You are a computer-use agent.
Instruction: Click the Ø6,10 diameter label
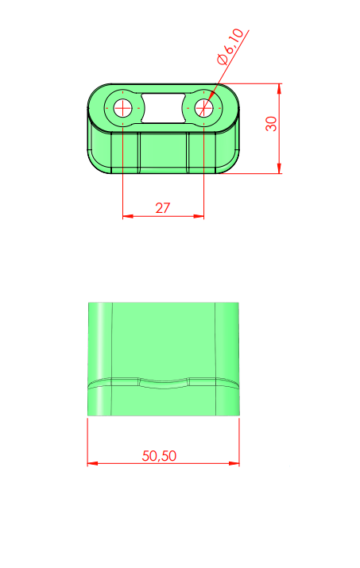(x=230, y=46)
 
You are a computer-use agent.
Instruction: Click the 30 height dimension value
(x=271, y=123)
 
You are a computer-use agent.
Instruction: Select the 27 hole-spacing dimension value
(x=162, y=208)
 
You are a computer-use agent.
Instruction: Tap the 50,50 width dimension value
(x=159, y=456)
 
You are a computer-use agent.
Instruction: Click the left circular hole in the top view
(x=123, y=108)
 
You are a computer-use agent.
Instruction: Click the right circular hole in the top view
(x=203, y=108)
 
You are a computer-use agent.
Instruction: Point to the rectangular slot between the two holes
(x=163, y=108)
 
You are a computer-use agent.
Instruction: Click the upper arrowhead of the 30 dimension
(x=279, y=89)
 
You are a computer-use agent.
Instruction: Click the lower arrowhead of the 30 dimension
(x=279, y=168)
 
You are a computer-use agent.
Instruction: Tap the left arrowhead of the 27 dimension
(x=128, y=216)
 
